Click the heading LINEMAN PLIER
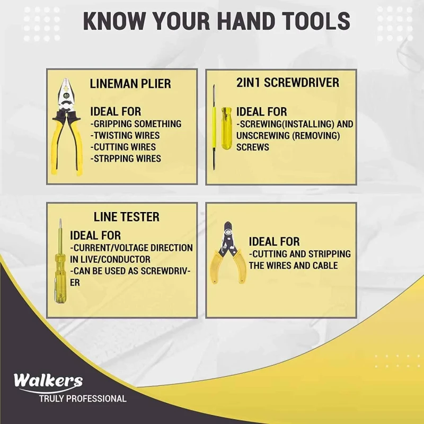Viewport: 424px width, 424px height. pos(130,84)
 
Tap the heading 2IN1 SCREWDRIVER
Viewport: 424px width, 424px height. pos(288,83)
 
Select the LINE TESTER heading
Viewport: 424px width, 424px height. pos(126,217)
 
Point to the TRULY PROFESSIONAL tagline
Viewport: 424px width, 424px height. pos(83,399)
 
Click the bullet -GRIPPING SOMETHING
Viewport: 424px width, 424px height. pos(136,124)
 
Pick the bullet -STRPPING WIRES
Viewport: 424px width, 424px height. pos(125,158)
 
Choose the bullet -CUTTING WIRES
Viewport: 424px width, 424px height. pos(123,147)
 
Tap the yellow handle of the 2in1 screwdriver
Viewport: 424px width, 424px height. pos(227,127)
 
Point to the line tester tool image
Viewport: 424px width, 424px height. pos(60,262)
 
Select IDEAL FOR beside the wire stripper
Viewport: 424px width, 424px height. pos(274,242)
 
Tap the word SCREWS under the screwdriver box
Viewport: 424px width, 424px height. pos(253,147)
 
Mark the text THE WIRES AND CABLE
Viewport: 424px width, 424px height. pos(293,265)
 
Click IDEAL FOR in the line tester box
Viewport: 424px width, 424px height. pos(95,235)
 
